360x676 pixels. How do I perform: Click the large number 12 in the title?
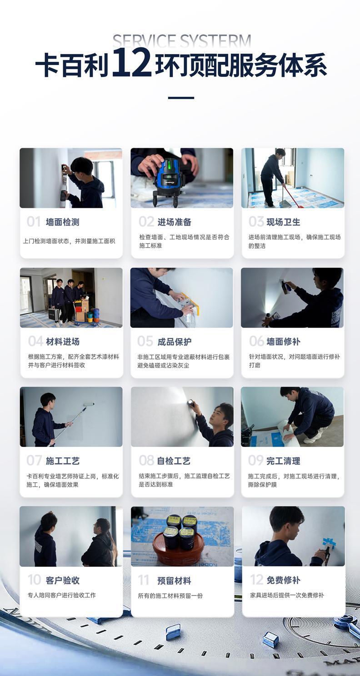tap(131, 62)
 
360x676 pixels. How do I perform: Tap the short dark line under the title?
tap(181, 98)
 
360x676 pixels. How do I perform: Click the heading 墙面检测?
tap(62, 222)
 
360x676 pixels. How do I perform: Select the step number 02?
tap(146, 222)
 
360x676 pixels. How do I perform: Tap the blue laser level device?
tap(170, 181)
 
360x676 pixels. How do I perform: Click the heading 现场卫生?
tap(283, 222)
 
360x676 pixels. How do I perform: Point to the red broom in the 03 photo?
tap(292, 196)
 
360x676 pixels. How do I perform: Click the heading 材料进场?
tap(63, 341)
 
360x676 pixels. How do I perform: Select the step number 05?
tap(145, 341)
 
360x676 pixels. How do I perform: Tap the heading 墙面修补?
tap(283, 341)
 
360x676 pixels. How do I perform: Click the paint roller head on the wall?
tap(89, 404)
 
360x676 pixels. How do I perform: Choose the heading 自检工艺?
tap(174, 461)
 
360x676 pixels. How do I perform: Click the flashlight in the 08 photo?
tap(191, 403)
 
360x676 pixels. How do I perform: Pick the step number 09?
tap(255, 461)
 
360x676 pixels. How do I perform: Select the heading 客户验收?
tap(62, 581)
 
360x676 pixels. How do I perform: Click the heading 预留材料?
tap(174, 581)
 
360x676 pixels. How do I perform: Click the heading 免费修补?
tap(283, 580)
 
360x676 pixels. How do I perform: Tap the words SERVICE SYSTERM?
tap(182, 40)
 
